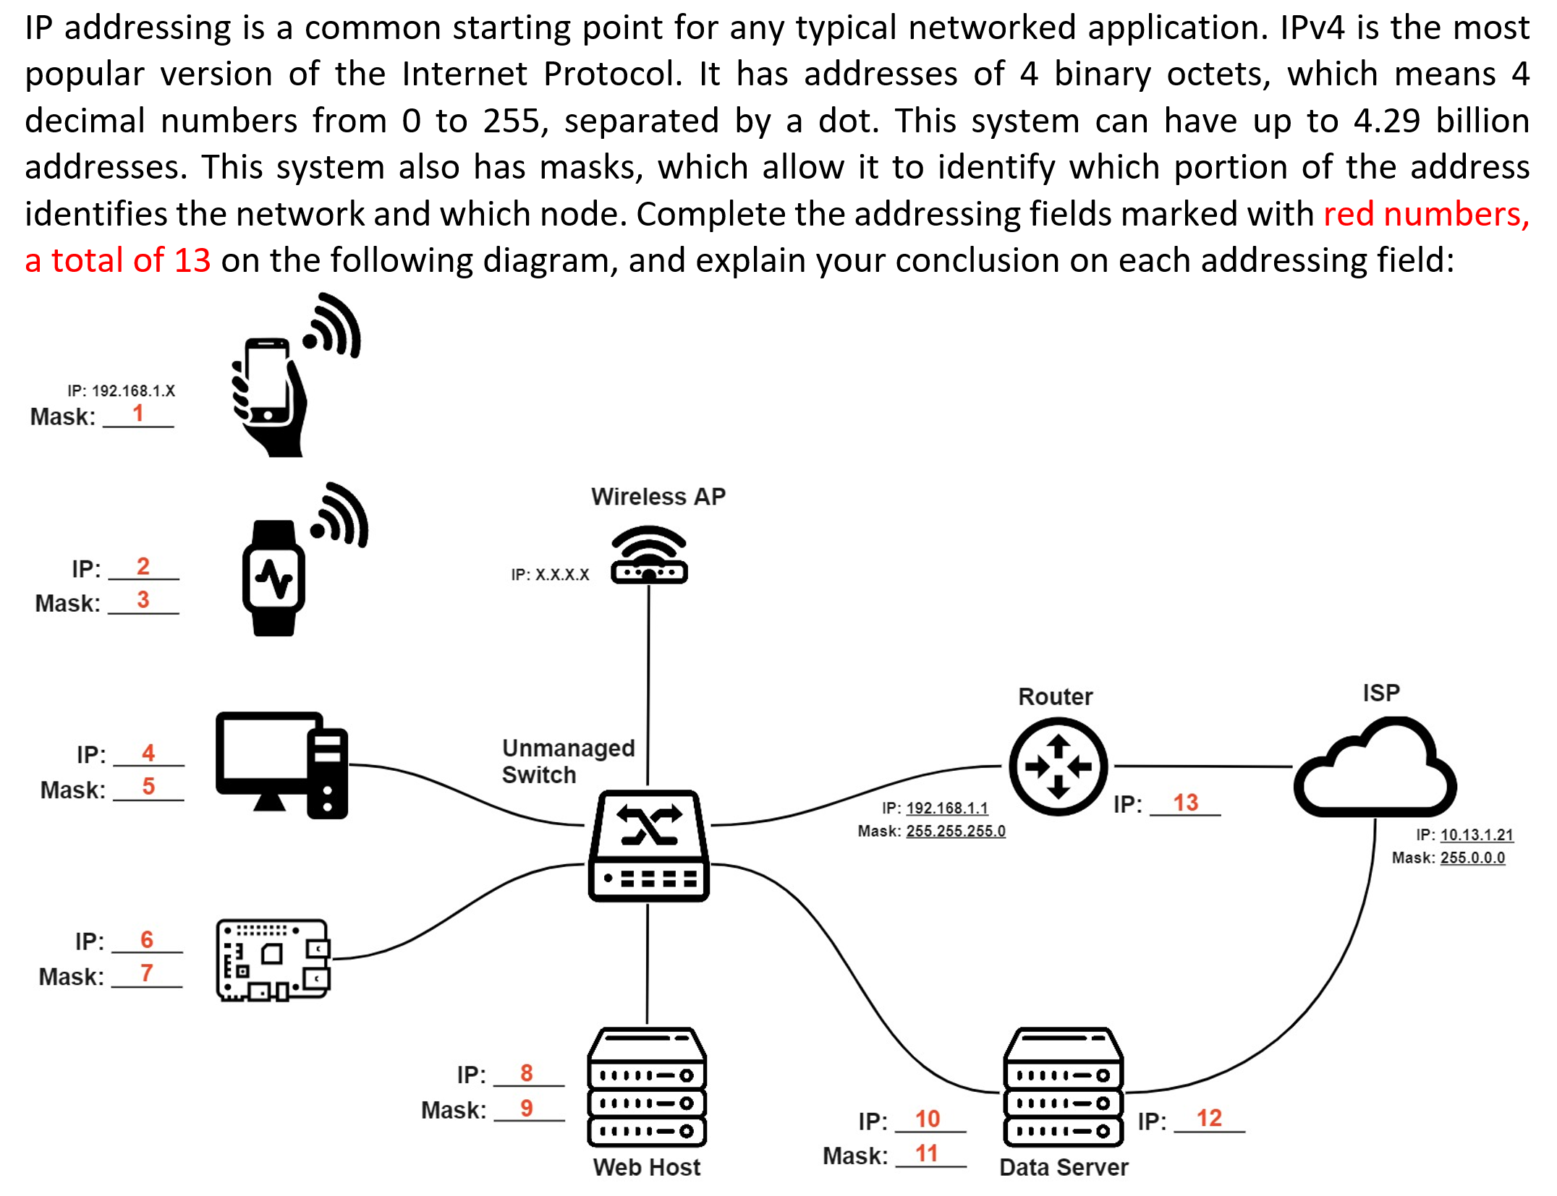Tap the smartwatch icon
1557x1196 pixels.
pyautogui.click(x=273, y=578)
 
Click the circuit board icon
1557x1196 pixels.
pyautogui.click(x=273, y=960)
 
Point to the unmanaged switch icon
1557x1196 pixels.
pyautogui.click(x=648, y=845)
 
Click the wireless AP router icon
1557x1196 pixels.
pyautogui.click(x=649, y=555)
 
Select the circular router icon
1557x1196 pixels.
pyautogui.click(x=1058, y=766)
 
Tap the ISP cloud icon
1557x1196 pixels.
pyautogui.click(x=1375, y=768)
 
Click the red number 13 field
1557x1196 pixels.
pyautogui.click(x=1185, y=803)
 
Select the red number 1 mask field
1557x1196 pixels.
pyautogui.click(x=138, y=414)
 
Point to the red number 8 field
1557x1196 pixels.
pyautogui.click(x=527, y=1073)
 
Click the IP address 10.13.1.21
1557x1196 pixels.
pyautogui.click(x=1476, y=834)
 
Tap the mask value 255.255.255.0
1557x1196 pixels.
pyautogui.click(x=955, y=831)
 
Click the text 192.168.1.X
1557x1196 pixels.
pyautogui.click(x=133, y=391)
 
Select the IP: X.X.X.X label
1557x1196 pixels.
pyautogui.click(x=550, y=575)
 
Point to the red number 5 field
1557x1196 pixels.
pyautogui.click(x=148, y=786)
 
